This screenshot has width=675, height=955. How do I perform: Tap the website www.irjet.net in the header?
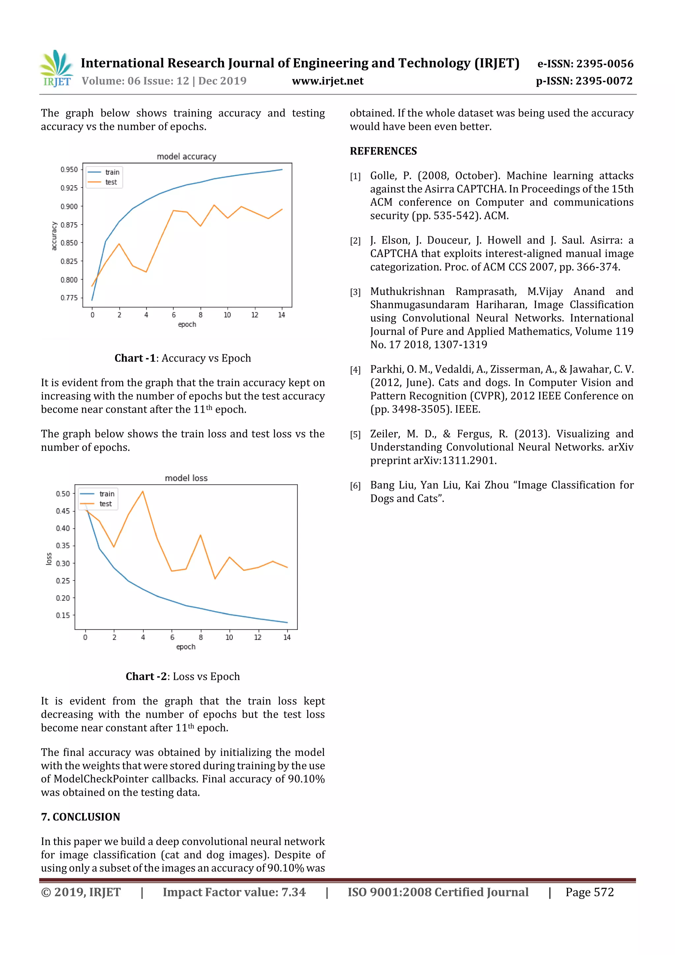(x=327, y=81)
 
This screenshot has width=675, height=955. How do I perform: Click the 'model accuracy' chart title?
(x=186, y=156)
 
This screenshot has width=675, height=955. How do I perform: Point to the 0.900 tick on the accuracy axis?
(x=69, y=206)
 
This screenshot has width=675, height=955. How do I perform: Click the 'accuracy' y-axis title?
(x=54, y=236)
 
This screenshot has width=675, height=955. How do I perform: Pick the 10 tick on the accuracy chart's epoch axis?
(x=227, y=315)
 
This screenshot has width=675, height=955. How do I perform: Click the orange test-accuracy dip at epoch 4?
(x=146, y=272)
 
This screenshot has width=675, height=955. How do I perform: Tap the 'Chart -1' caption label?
(x=135, y=358)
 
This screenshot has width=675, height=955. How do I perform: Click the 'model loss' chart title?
(x=186, y=478)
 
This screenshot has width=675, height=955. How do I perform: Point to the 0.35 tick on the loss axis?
(x=63, y=545)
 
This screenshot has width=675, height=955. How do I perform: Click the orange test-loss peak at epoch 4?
(x=143, y=491)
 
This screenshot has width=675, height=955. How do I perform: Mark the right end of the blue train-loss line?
(x=287, y=622)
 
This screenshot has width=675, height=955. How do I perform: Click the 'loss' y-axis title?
(x=49, y=559)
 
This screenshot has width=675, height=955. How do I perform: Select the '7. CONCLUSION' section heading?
(x=80, y=817)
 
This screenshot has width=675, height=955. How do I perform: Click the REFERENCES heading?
(x=383, y=151)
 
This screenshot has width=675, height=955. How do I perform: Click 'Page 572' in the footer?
(x=589, y=892)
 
